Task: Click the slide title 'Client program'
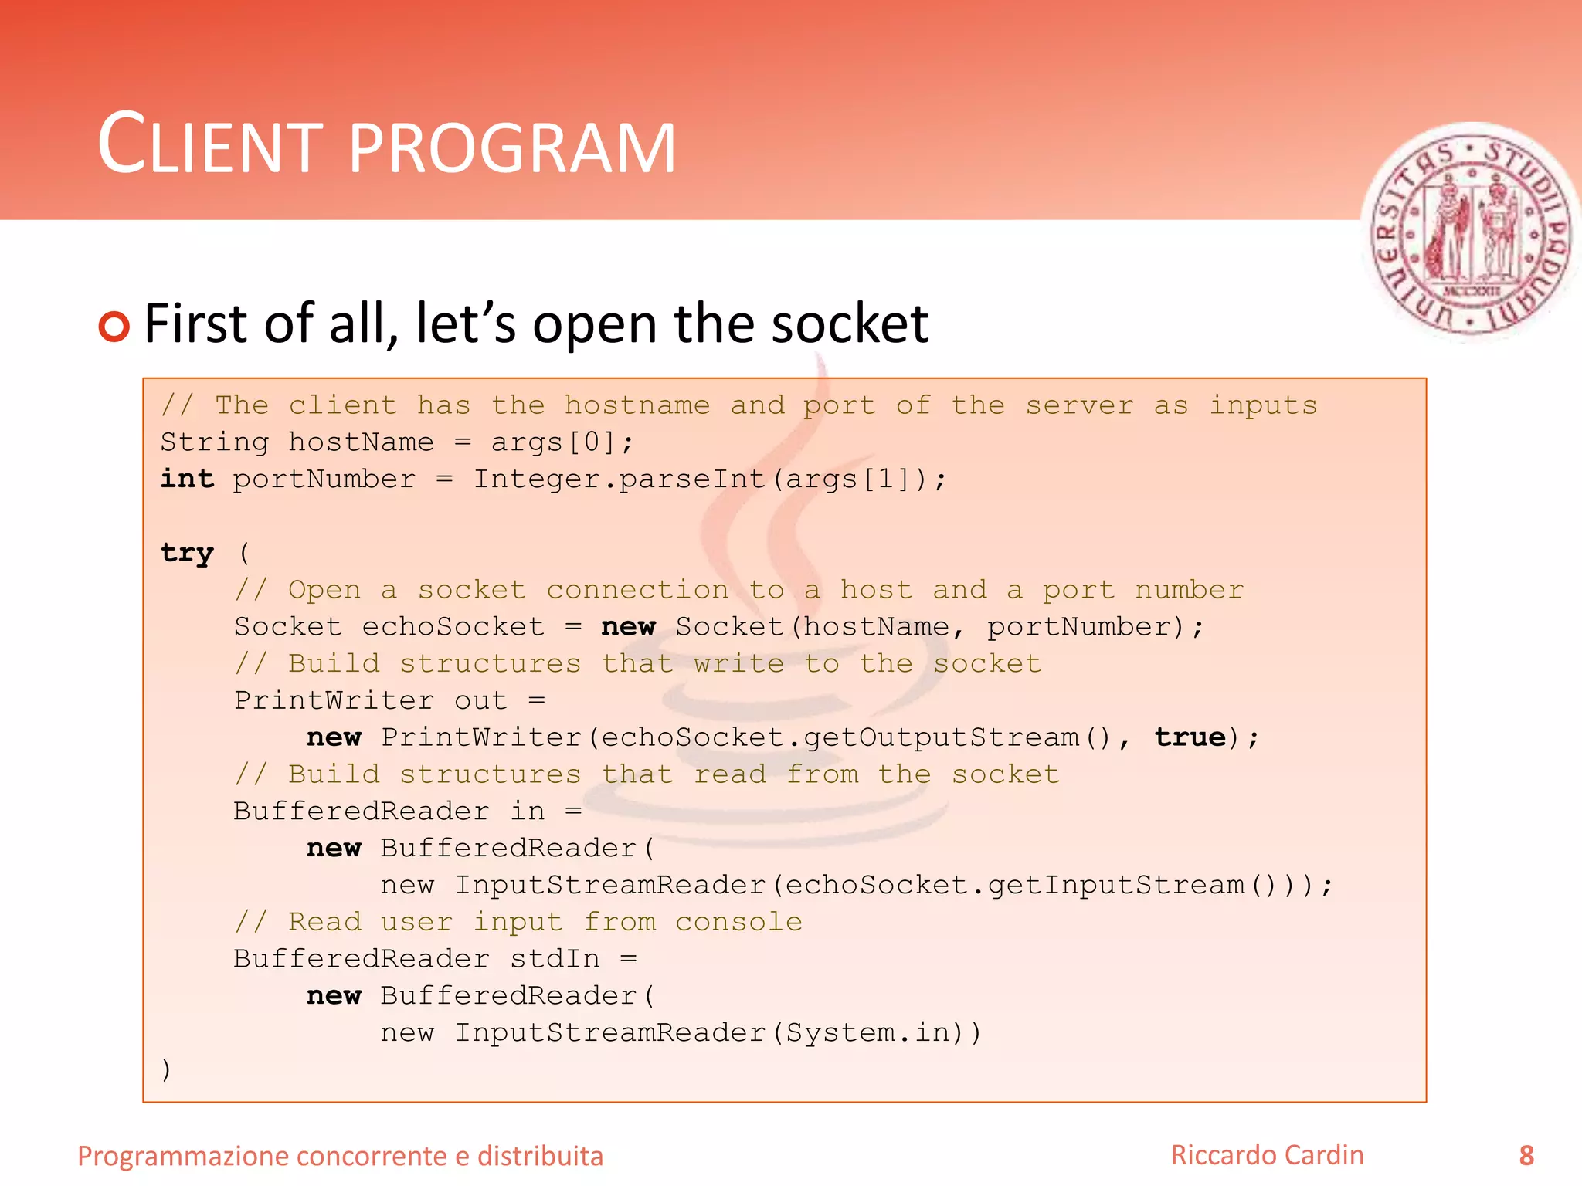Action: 386,144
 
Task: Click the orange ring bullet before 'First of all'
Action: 114,326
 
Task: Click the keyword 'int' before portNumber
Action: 187,479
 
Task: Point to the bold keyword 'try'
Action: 187,553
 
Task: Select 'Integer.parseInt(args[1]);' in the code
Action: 709,479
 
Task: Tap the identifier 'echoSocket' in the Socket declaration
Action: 453,626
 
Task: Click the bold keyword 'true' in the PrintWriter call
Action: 1190,737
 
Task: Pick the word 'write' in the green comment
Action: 738,663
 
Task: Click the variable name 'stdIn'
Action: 555,958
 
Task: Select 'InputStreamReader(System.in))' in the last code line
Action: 718,1032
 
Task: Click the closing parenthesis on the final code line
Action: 166,1069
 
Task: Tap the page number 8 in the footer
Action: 1526,1155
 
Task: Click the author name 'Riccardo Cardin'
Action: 1267,1155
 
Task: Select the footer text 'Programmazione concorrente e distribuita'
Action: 340,1156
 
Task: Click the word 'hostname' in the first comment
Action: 637,405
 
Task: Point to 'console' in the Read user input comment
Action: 738,922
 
